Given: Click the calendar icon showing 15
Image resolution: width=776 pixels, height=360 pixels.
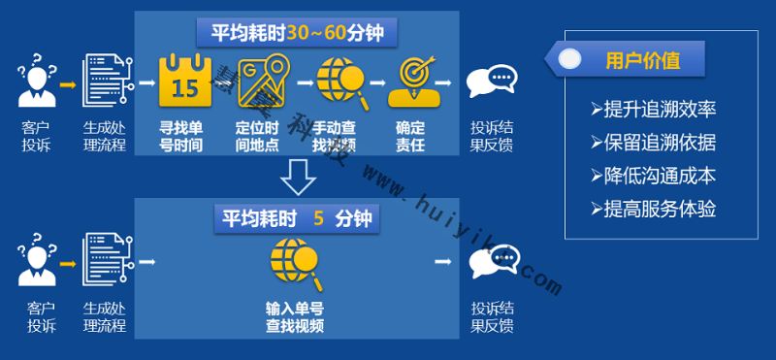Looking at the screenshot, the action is click(184, 82).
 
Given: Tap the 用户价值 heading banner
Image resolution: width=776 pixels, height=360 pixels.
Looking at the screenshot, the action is click(641, 60).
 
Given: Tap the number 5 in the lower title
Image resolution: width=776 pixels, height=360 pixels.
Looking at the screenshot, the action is click(317, 217).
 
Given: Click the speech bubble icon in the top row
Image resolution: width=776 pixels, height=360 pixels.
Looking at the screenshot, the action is click(492, 84).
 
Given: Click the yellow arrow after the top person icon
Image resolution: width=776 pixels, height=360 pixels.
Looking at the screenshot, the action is click(69, 84).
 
